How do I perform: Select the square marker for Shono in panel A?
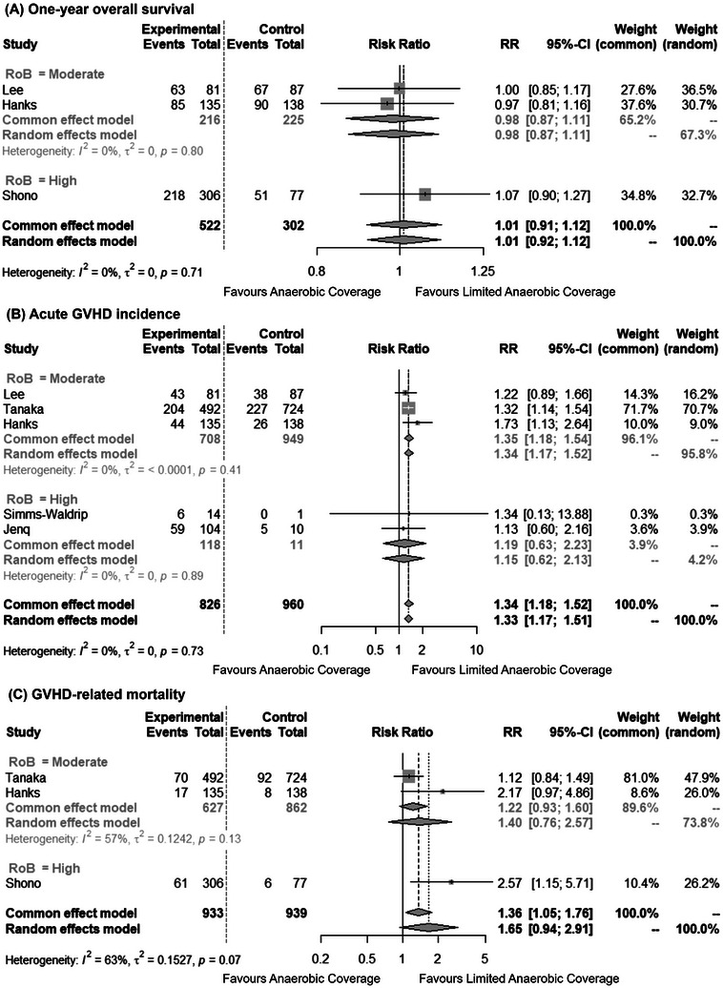[x=424, y=195]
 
